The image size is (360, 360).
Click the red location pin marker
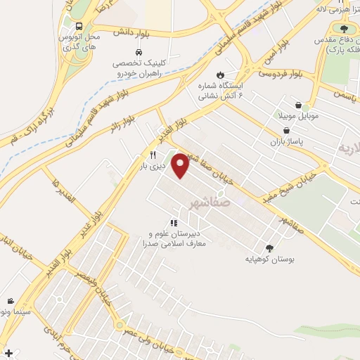point(181,165)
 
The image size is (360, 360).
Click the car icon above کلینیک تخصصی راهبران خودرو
point(139,52)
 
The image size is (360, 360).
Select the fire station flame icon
point(220,73)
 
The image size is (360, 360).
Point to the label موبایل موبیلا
point(303,115)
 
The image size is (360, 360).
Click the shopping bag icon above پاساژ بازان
point(286,130)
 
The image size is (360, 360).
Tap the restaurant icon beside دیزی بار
point(152,155)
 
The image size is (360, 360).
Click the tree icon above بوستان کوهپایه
point(270,247)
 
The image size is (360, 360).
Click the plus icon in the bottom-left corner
point(8,352)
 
